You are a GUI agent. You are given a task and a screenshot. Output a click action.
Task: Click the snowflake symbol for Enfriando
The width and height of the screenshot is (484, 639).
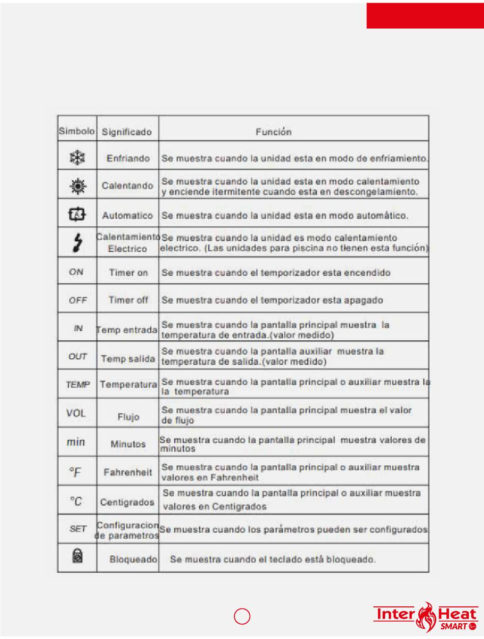click(77, 158)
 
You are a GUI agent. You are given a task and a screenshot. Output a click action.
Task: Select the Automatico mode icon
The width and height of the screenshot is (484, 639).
click(77, 216)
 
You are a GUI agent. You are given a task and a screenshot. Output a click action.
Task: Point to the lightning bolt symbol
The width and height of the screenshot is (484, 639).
click(77, 244)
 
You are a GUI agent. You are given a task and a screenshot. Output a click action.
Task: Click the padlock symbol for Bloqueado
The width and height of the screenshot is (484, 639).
click(76, 554)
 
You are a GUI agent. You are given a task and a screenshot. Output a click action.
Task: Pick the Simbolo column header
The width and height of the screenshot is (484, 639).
click(76, 131)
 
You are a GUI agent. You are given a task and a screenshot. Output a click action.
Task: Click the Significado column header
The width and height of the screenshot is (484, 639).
click(127, 132)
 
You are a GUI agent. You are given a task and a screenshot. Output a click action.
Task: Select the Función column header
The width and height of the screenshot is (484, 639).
click(274, 132)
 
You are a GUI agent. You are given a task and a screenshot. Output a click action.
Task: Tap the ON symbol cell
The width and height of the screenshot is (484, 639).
click(76, 272)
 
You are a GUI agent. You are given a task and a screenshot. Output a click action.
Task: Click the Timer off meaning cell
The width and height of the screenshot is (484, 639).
click(128, 300)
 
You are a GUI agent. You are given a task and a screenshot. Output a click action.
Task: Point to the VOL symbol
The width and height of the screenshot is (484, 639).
click(76, 413)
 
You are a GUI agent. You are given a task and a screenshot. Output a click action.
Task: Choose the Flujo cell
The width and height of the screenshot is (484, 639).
click(128, 417)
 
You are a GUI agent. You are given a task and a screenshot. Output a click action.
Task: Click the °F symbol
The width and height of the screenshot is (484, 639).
click(75, 473)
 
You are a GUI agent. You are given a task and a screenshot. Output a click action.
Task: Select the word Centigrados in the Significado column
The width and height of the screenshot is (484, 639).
click(127, 502)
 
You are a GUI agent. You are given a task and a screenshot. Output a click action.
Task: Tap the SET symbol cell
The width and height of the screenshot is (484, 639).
click(78, 529)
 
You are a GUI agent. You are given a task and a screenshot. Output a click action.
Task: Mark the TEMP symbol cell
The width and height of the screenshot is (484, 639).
click(78, 385)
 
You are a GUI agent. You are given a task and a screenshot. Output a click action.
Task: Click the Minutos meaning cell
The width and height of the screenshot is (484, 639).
click(128, 444)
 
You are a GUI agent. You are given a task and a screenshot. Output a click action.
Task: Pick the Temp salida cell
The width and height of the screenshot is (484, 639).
click(127, 359)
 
